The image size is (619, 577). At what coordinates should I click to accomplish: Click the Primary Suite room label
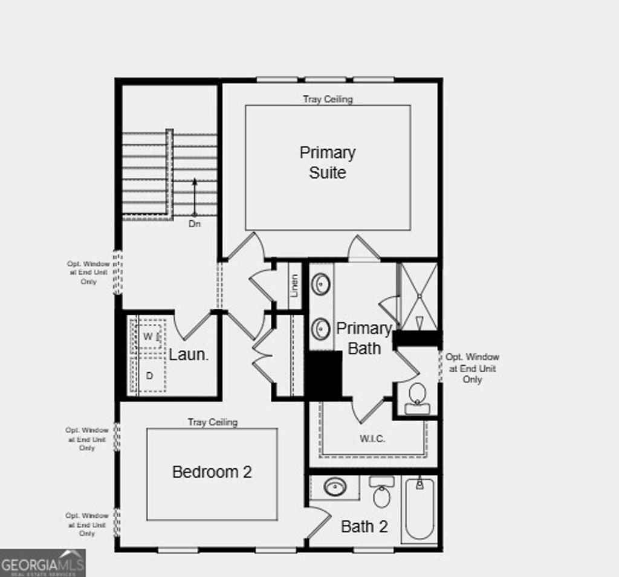(328, 163)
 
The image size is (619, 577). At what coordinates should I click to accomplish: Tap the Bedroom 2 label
(212, 472)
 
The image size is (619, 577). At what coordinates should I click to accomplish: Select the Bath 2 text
(364, 526)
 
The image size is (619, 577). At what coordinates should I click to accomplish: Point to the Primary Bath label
(364, 338)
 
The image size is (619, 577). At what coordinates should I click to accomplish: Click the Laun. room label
(189, 355)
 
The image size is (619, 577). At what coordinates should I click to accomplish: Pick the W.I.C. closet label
(372, 439)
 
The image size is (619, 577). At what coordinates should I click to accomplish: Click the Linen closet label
(294, 285)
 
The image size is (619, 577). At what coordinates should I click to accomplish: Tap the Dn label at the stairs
(194, 224)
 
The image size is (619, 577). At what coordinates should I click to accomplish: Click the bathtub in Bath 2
(420, 508)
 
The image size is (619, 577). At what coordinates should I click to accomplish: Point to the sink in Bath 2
(334, 487)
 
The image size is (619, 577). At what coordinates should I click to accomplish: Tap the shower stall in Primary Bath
(420, 297)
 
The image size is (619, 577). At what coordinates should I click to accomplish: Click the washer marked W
(148, 336)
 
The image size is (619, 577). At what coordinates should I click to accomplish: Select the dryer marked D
(149, 375)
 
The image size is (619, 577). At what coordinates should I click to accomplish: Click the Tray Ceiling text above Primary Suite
(328, 99)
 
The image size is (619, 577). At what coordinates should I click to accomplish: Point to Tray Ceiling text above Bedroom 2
(212, 422)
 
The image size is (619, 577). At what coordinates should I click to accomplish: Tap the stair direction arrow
(194, 196)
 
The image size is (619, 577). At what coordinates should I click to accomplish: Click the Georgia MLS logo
(42, 563)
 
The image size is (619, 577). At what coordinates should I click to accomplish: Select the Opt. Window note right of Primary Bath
(472, 368)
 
